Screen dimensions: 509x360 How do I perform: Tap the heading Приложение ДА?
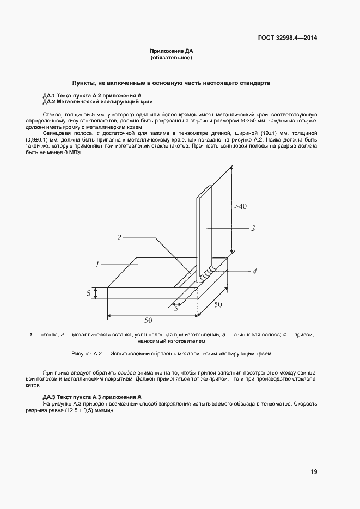[172, 51]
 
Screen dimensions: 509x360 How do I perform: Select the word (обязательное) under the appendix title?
[172, 57]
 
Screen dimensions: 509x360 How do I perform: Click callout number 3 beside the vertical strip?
[253, 229]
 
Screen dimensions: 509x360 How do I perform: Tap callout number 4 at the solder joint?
[255, 271]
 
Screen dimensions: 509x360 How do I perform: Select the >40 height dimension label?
[241, 207]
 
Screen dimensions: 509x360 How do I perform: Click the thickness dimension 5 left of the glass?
[88, 293]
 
